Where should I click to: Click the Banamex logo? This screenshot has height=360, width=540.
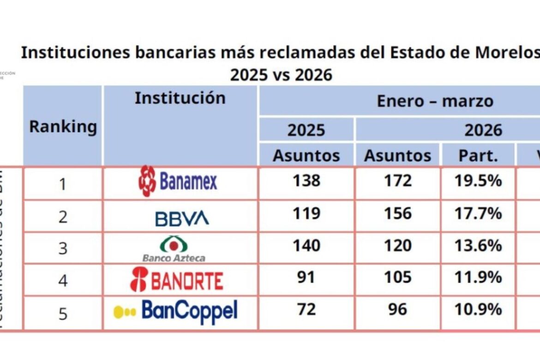pos(178,181)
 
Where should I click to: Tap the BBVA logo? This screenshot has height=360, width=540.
pos(182,218)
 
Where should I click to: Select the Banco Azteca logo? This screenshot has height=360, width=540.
pos(174,249)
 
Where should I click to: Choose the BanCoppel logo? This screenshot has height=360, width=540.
pos(176,312)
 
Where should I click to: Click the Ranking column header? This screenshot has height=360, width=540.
pos(63,126)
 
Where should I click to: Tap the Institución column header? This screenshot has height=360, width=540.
pos(180,98)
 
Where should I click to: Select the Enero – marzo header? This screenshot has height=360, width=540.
pos(435,101)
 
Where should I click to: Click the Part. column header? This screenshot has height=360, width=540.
pos(478,156)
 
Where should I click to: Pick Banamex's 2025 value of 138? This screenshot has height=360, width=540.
pos(306,180)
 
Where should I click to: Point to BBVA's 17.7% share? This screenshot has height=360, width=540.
pos(478,213)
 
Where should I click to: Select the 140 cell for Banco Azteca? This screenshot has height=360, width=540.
pos(306,246)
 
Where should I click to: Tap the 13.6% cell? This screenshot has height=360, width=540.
pos(478,246)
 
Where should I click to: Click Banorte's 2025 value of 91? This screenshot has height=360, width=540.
pos(306,277)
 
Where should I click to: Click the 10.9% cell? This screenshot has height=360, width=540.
pos(478,309)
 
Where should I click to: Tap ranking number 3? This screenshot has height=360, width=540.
pos(63,249)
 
